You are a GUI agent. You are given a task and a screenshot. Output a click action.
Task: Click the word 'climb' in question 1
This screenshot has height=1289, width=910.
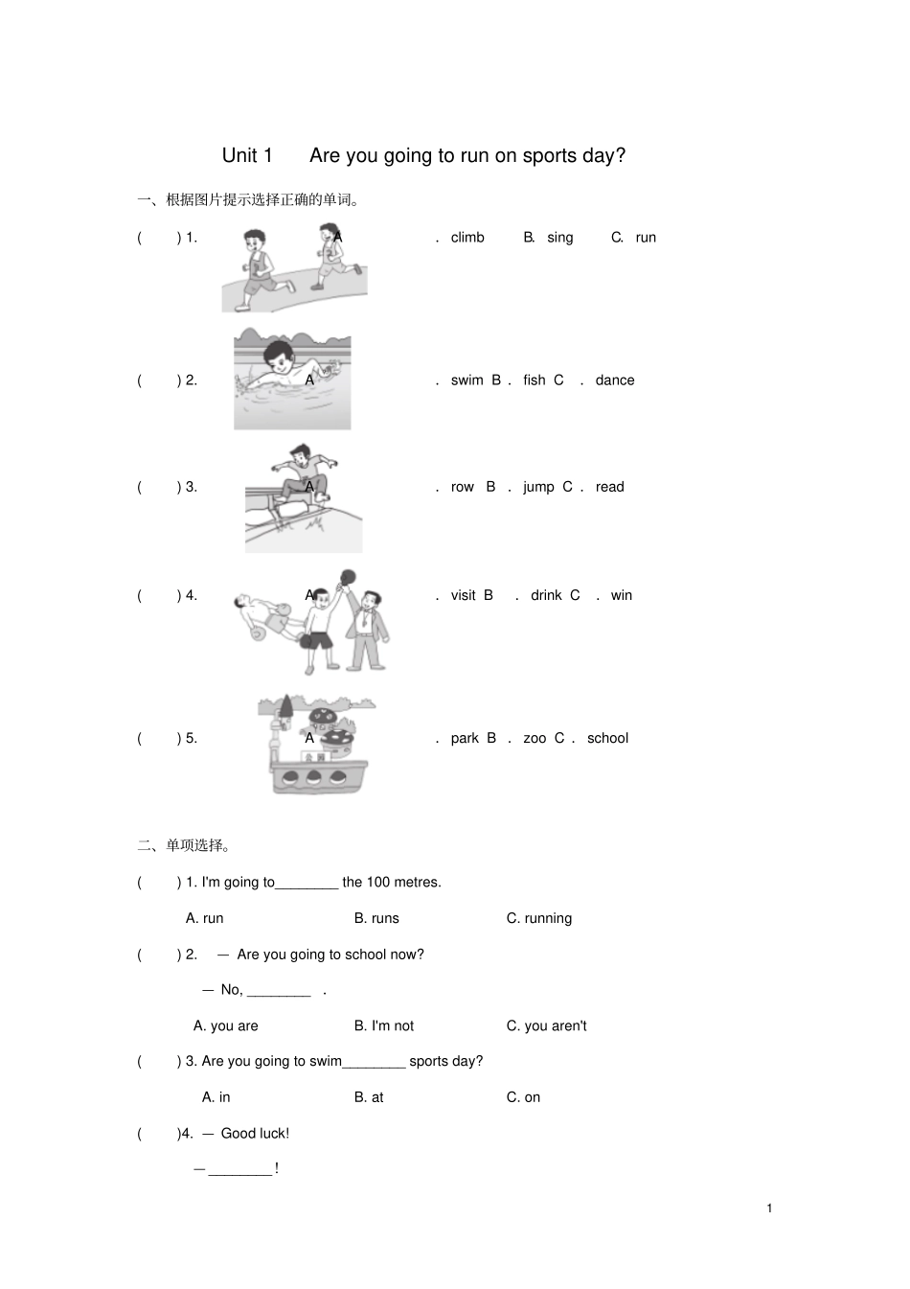pos(467,238)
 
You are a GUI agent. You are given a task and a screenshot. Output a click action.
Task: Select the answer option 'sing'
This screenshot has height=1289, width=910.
pos(560,238)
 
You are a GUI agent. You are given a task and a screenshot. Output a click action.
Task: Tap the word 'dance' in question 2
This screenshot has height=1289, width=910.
pos(614,380)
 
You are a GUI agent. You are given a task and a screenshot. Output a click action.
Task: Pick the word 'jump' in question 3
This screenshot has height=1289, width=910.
pos(538,487)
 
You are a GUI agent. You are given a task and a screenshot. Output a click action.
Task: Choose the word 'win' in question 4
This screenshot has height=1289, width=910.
pos(622,595)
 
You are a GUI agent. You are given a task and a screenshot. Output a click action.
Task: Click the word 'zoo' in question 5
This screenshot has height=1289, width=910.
pos(535,738)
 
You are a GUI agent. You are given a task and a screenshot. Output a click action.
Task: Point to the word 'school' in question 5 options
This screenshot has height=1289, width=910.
pos(607,738)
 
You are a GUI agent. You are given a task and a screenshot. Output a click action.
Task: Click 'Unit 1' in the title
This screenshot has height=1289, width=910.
pos(247,155)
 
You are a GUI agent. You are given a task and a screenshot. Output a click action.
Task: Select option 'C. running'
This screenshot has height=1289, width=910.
pos(538,918)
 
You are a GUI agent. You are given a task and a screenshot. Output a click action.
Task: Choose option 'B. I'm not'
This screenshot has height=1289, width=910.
pos(383,1025)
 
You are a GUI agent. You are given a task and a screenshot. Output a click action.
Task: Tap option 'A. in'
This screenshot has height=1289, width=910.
pos(216,1097)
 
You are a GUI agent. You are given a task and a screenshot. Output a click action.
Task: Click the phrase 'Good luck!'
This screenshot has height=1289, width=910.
pos(255,1133)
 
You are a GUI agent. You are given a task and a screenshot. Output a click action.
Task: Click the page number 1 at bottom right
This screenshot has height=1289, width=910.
pos(769,1208)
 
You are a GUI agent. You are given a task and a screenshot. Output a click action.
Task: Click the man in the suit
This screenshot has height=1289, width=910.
pos(368,628)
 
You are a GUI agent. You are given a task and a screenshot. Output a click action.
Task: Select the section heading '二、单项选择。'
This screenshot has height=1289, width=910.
pos(185,845)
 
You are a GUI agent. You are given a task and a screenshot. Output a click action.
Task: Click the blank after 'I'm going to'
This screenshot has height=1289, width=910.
pos(307,883)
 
